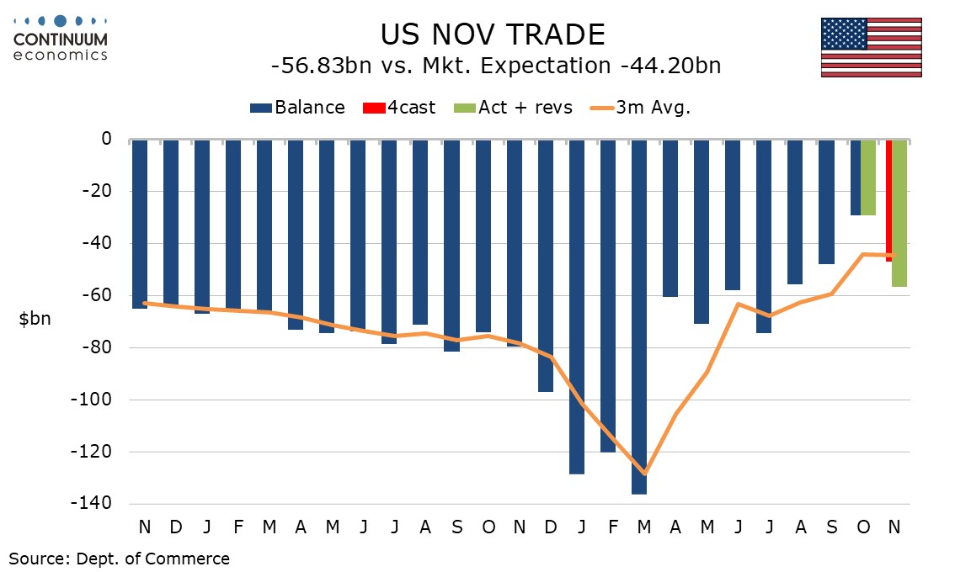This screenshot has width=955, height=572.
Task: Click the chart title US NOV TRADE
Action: pyautogui.click(x=493, y=34)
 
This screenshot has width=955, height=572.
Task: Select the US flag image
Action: pyautogui.click(x=872, y=47)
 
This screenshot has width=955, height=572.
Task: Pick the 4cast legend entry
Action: pyautogui.click(x=399, y=108)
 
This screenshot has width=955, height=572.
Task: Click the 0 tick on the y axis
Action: pyautogui.click(x=107, y=139)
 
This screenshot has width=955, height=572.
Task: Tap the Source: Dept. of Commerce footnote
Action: pyautogui.click(x=119, y=558)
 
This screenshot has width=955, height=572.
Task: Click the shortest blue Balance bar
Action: pyautogui.click(x=856, y=177)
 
